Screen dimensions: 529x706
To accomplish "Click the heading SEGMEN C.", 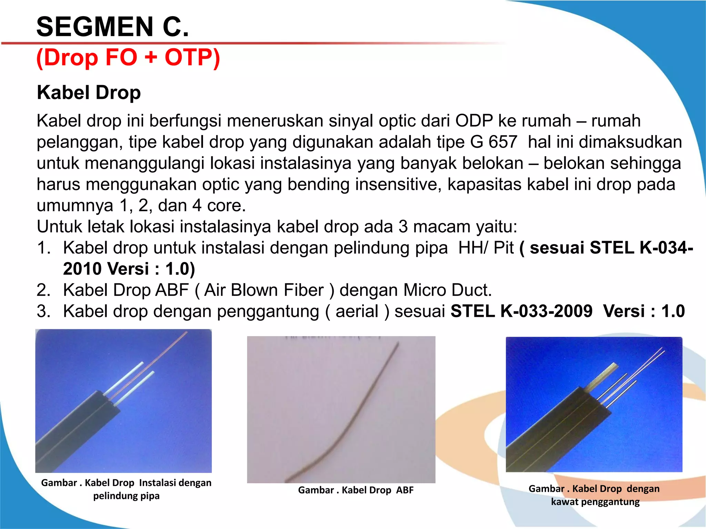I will (x=113, y=27).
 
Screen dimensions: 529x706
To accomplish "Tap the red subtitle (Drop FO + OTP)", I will (x=128, y=57).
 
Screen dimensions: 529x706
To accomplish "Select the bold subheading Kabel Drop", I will (x=89, y=93).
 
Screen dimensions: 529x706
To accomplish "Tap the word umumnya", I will (x=75, y=206).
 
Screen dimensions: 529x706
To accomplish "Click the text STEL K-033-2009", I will (x=521, y=311).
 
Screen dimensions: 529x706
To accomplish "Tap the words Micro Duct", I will (x=447, y=290).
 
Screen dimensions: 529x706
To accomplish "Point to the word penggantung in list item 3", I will (x=268, y=311).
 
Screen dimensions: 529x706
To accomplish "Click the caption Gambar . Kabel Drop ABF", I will (x=355, y=490).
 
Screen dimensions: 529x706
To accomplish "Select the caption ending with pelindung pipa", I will (x=126, y=489).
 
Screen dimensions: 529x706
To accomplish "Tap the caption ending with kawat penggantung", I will (x=594, y=495).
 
